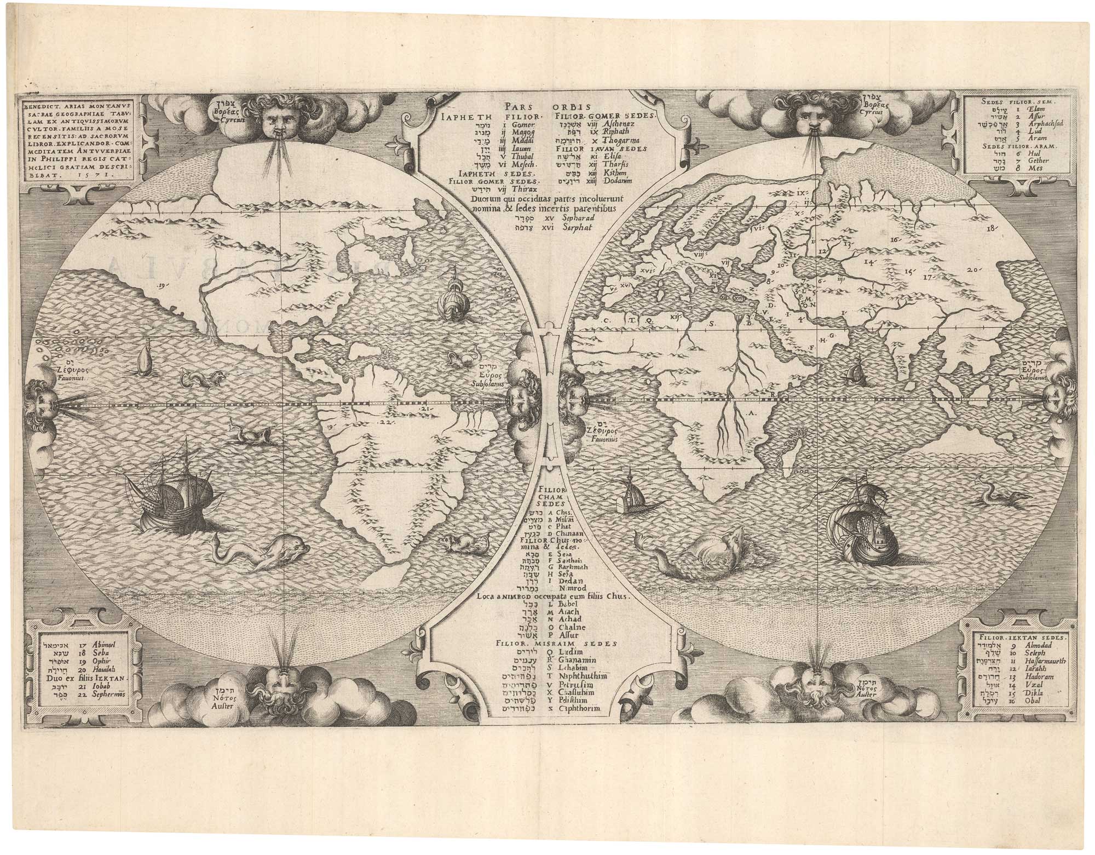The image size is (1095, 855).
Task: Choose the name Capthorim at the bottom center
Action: point(579,709)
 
